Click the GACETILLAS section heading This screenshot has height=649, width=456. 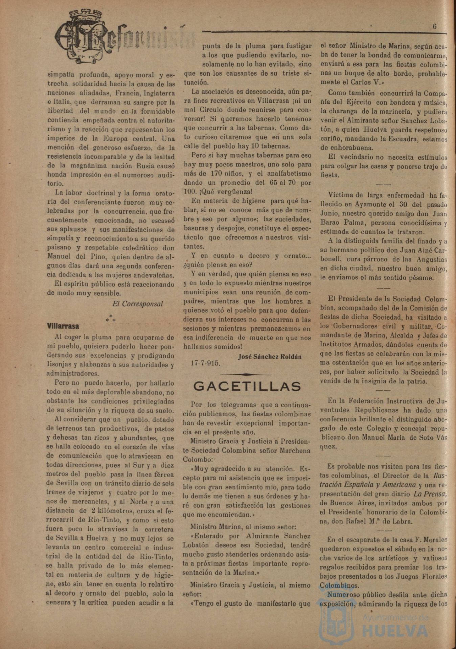247,386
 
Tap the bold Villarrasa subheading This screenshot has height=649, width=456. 63,326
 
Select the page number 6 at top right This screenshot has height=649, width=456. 435,27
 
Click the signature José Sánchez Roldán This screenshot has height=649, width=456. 270,356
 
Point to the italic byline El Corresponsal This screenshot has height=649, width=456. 137,304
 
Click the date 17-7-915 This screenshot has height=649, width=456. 206,364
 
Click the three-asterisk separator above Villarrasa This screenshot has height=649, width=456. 110,318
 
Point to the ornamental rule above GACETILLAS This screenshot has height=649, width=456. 245,374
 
